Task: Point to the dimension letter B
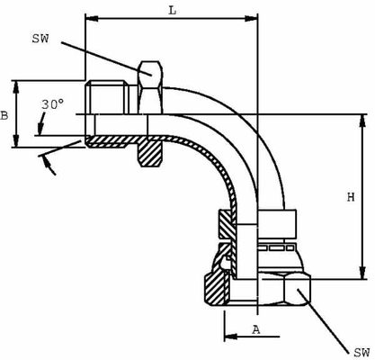point(6,114)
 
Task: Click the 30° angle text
point(52,105)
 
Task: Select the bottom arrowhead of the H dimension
point(362,274)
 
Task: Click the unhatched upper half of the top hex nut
point(148,88)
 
